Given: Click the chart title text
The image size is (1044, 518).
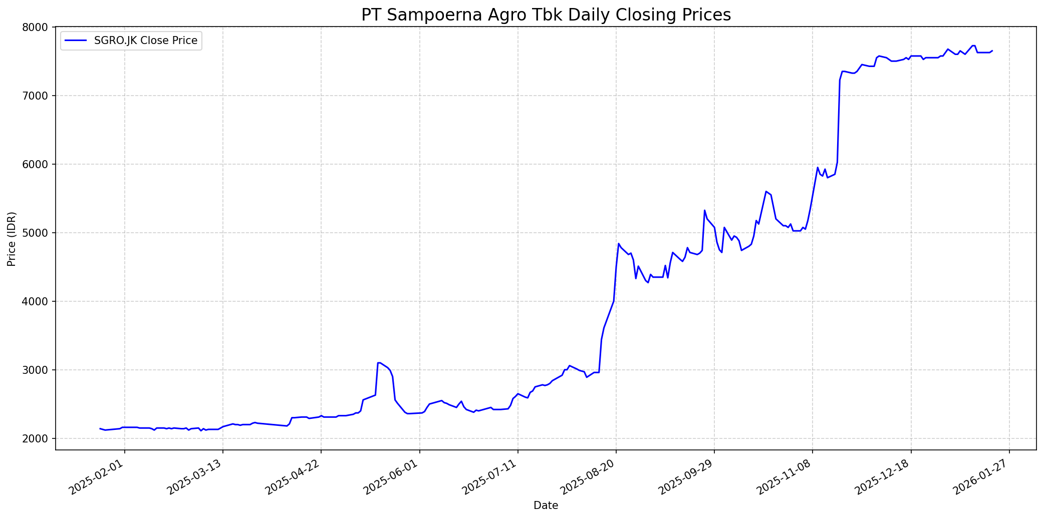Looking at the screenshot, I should [x=546, y=15].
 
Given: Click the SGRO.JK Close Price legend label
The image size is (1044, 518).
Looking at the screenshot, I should [x=146, y=41].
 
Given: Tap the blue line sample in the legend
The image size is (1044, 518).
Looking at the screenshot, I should [x=76, y=41].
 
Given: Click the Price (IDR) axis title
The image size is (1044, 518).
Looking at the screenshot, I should [x=12, y=239].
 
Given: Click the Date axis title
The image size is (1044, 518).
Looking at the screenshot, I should [x=546, y=505].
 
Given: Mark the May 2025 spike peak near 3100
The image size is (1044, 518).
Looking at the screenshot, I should [x=379, y=362].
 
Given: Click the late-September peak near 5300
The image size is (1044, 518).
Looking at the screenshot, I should [x=704, y=210].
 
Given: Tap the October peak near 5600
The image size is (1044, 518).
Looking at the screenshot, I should [x=766, y=191].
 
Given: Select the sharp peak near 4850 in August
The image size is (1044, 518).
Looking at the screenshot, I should [x=619, y=244].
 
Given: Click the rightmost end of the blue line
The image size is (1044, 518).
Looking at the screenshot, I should [x=992, y=50].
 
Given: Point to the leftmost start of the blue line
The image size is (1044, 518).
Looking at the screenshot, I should [x=100, y=428].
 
